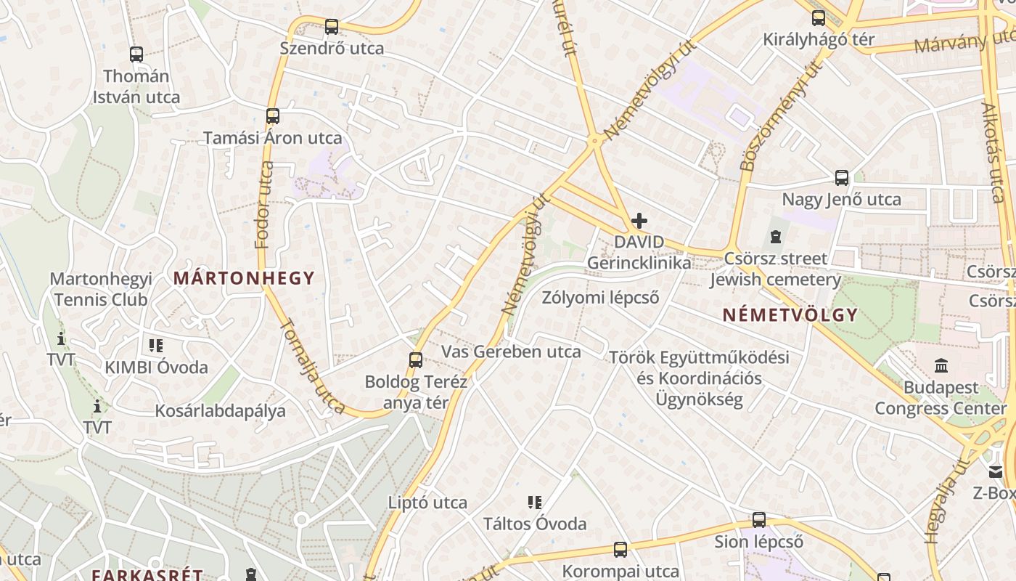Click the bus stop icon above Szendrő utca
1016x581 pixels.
pyautogui.click(x=332, y=27)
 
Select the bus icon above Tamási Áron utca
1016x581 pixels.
pyautogui.click(x=273, y=116)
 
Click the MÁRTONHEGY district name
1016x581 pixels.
pyautogui.click(x=244, y=278)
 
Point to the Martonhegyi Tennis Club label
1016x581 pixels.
pyautogui.click(x=101, y=289)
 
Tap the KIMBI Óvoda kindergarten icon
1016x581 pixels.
pyautogui.click(x=156, y=346)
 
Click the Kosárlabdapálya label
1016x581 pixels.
pyautogui.click(x=221, y=411)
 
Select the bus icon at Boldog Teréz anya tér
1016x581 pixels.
pyautogui.click(x=416, y=359)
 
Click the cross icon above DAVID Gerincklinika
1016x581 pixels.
pyautogui.click(x=639, y=220)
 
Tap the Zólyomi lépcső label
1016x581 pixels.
pyautogui.click(x=601, y=298)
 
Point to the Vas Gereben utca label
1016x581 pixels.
pyautogui.click(x=512, y=352)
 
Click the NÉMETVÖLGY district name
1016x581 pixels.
pyautogui.click(x=790, y=315)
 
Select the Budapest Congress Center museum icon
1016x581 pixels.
pyautogui.click(x=941, y=365)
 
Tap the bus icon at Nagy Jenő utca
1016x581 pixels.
pyautogui.click(x=842, y=177)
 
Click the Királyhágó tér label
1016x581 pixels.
pyautogui.click(x=819, y=40)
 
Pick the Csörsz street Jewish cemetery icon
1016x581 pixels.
pyautogui.click(x=776, y=237)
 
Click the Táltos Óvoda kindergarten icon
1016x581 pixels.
pyautogui.click(x=535, y=503)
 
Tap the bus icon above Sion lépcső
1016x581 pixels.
pyautogui.click(x=759, y=520)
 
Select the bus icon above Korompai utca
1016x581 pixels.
pyautogui.click(x=620, y=550)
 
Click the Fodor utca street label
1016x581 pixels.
pyautogui.click(x=264, y=206)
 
